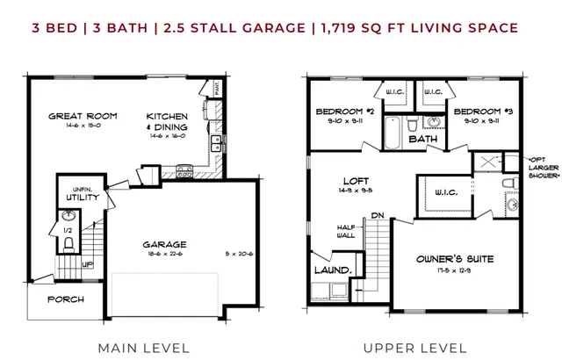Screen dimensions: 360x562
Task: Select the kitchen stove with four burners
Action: coord(184,172)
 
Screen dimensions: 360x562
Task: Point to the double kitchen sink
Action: coord(214,143)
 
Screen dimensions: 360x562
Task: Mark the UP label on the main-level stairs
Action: coord(88,263)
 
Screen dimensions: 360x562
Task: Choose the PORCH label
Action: coord(66,299)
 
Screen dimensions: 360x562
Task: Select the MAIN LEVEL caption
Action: coord(143,347)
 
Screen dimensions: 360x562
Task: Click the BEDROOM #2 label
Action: coord(346,112)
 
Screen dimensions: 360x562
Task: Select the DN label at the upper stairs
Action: coord(378,213)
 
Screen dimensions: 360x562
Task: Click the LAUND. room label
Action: coord(333,270)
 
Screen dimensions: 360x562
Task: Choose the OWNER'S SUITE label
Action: coord(455,259)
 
